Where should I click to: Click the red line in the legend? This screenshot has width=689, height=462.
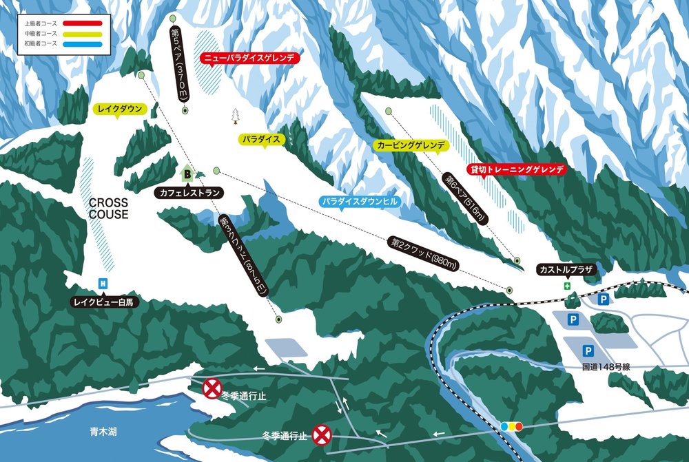tap(83, 23)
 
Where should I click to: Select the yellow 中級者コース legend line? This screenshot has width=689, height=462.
tap(83, 33)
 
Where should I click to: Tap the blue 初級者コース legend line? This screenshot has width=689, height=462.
tap(83, 43)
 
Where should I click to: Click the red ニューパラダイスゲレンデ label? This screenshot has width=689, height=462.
tap(250, 59)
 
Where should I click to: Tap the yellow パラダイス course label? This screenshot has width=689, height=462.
tap(262, 139)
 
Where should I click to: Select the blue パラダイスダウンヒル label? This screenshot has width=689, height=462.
tap(360, 202)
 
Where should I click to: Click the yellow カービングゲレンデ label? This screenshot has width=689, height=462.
tap(411, 146)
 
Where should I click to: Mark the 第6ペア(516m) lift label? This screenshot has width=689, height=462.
tap(466, 200)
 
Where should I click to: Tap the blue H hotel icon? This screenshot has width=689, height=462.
tap(103, 283)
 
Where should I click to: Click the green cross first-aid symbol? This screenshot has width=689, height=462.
tap(568, 286)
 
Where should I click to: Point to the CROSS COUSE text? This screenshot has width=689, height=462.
tap(108, 208)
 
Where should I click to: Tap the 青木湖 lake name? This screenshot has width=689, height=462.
tap(103, 432)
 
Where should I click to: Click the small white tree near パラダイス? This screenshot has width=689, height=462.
tap(236, 115)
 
